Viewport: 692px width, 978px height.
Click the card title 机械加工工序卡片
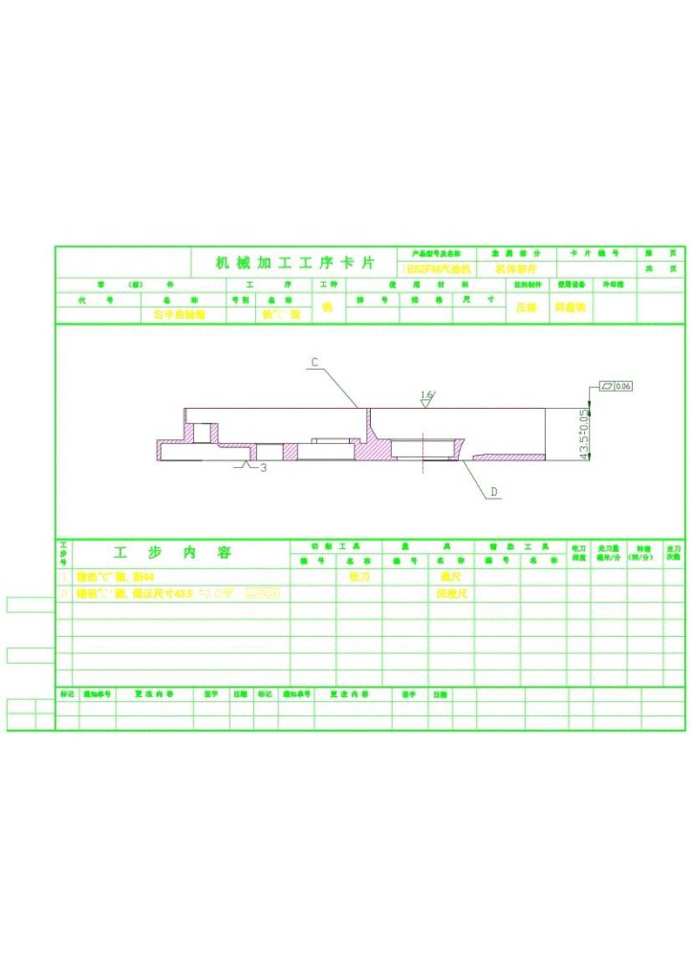point(293,263)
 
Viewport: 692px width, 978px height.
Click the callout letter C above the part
point(313,363)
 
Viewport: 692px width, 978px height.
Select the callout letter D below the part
point(494,492)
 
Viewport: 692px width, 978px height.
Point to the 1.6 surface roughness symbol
point(426,394)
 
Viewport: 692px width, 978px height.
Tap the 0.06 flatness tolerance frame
point(616,386)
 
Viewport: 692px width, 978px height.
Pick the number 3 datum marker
point(264,468)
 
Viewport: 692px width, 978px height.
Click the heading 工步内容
point(173,553)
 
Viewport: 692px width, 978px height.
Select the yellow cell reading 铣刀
point(358,577)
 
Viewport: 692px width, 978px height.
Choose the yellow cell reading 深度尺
point(451,594)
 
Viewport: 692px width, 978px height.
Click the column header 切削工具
point(335,546)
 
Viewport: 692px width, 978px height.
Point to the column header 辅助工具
point(521,546)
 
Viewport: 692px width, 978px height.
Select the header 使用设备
point(572,285)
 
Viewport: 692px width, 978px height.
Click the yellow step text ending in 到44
point(116,577)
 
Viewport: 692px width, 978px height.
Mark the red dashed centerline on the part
point(422,454)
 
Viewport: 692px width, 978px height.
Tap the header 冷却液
point(613,285)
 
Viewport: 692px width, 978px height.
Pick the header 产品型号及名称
point(436,254)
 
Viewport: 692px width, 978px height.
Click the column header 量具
point(428,546)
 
